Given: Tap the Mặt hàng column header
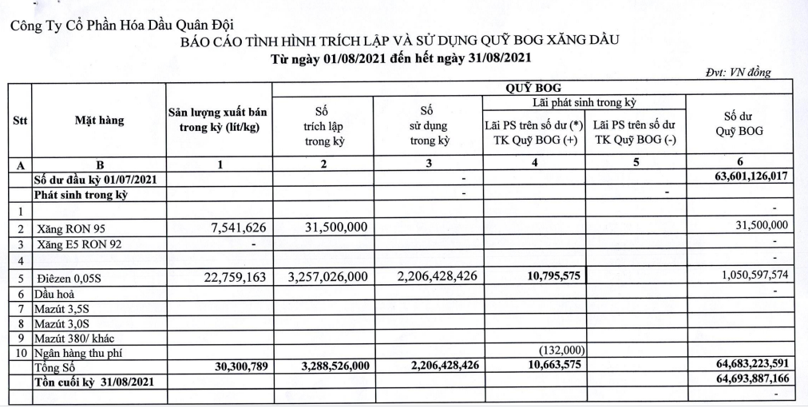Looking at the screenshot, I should tap(100, 121).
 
